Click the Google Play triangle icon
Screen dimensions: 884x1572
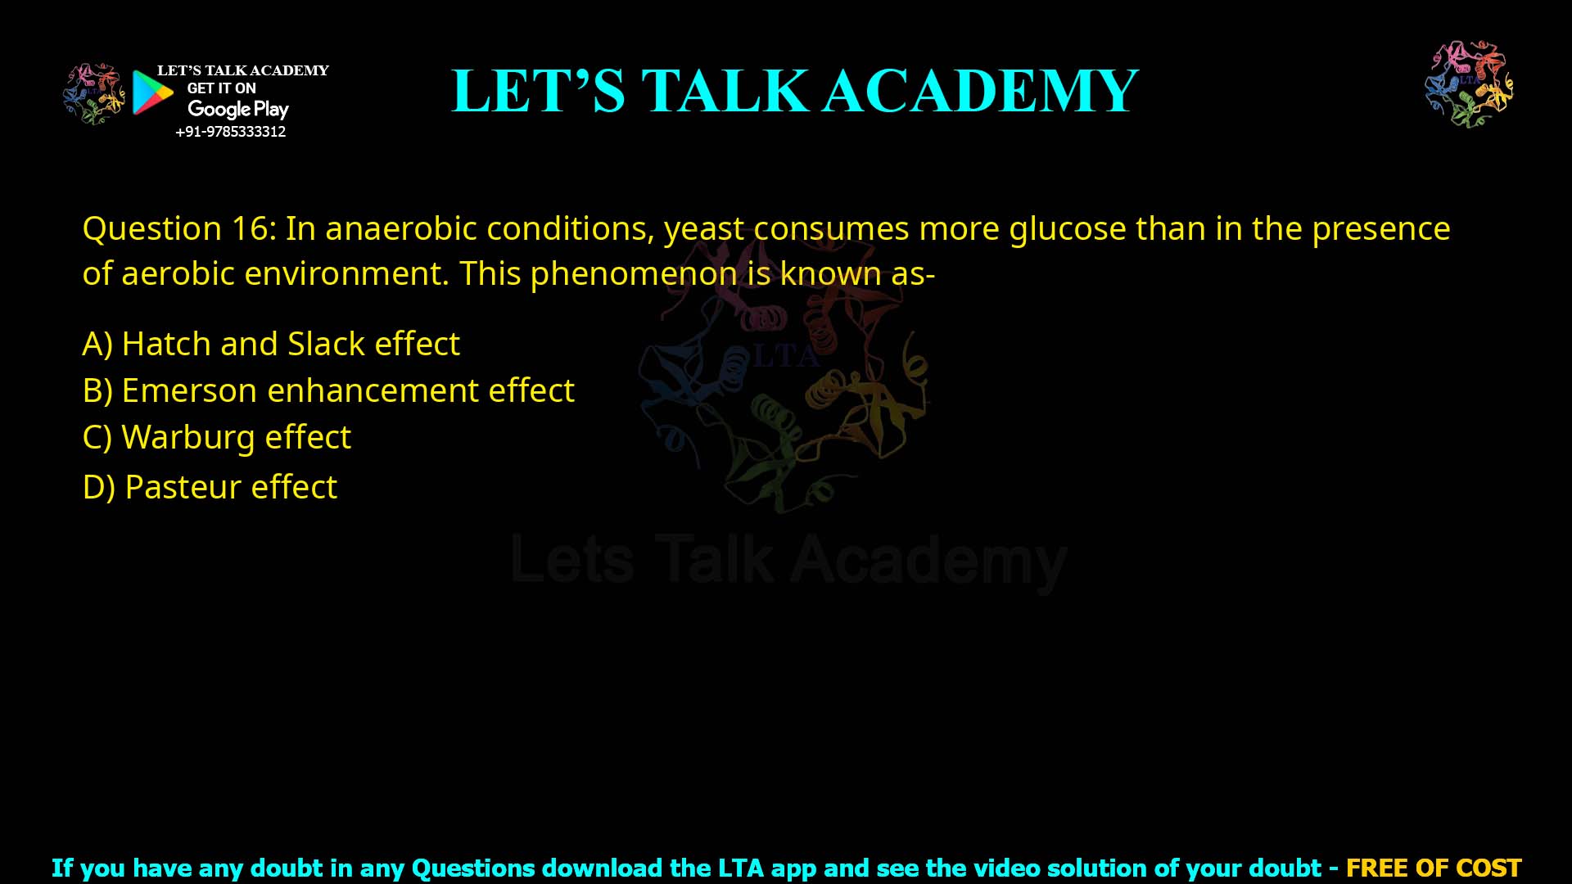pos(152,92)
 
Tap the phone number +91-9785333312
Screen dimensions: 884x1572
pos(230,132)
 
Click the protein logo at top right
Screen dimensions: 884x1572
pos(1469,83)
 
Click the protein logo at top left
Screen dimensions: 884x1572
pos(93,93)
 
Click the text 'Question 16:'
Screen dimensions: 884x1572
pos(179,228)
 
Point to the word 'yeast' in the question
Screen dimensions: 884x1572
pos(704,228)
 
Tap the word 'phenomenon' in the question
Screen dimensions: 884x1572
pos(634,273)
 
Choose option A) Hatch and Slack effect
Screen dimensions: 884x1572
pos(271,344)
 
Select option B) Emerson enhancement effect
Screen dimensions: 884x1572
pos(328,390)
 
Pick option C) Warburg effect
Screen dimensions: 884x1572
pos(217,437)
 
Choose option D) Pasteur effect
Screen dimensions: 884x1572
pos(210,487)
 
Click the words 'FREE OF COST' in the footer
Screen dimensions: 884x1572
pos(1433,868)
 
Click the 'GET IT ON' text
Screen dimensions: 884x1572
pos(221,88)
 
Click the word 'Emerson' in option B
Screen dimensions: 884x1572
pos(189,390)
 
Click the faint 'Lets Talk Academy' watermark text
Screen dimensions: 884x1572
pos(788,561)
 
